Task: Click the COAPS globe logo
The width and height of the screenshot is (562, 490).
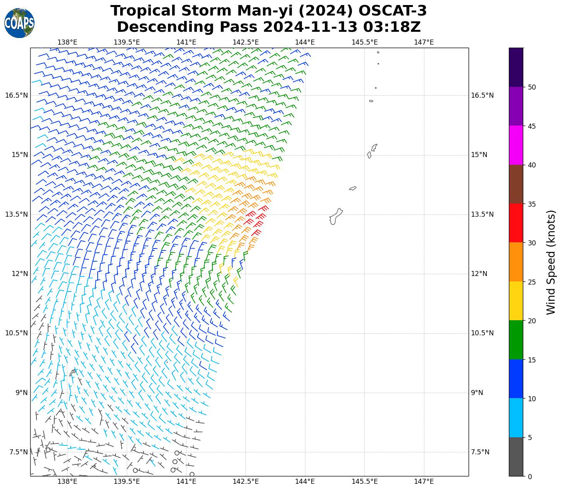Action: (x=19, y=23)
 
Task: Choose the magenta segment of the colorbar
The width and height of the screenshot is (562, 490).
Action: (x=516, y=145)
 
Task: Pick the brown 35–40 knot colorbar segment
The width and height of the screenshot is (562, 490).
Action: (x=516, y=184)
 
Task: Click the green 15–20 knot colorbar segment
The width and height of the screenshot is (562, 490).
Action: (x=516, y=340)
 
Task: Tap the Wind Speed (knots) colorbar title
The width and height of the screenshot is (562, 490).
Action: (x=551, y=262)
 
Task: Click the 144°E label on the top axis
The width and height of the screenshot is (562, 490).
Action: (x=305, y=42)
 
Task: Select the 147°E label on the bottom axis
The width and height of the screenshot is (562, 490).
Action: (x=424, y=481)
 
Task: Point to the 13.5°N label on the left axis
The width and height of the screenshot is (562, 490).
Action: (x=16, y=214)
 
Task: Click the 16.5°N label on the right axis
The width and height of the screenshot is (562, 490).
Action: (x=482, y=95)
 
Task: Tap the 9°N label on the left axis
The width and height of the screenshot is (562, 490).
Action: (x=21, y=393)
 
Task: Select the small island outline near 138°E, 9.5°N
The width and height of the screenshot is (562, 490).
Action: (x=72, y=373)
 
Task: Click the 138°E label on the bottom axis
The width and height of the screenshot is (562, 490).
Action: (x=67, y=481)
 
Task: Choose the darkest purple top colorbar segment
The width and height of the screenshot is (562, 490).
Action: (x=516, y=67)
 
